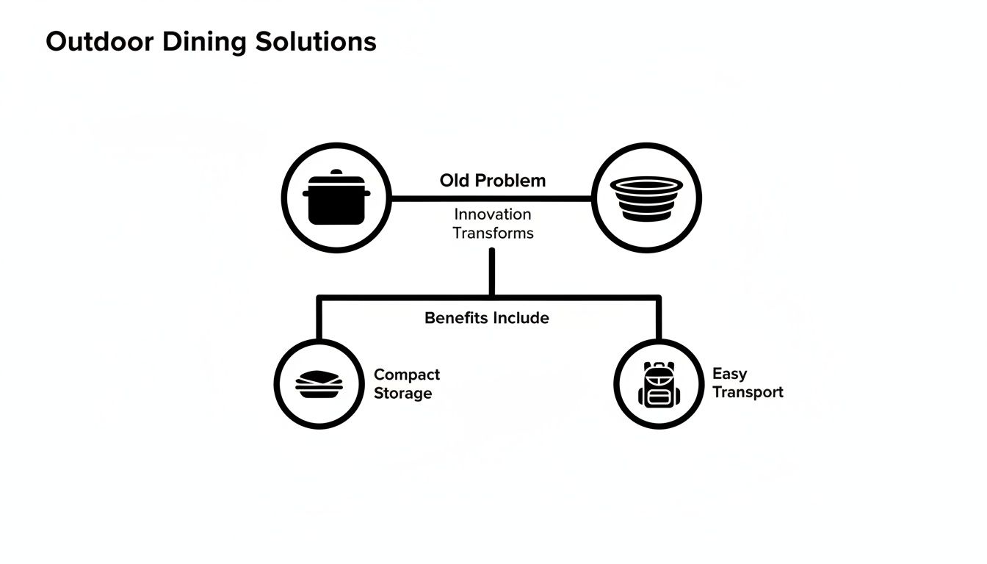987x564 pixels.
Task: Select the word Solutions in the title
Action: (316, 41)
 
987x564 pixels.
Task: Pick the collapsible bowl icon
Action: (646, 198)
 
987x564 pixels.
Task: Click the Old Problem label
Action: (493, 180)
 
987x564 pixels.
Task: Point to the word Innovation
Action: (493, 214)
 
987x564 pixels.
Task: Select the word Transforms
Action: (493, 234)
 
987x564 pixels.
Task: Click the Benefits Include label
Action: (487, 318)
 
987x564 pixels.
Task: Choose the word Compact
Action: (407, 375)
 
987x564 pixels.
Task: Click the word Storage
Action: (402, 394)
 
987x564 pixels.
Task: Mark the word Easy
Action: (729, 374)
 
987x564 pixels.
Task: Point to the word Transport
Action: (748, 392)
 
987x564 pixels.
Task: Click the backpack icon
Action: (659, 384)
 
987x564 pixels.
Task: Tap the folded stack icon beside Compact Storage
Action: (319, 383)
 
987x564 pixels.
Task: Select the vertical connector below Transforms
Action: (491, 272)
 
